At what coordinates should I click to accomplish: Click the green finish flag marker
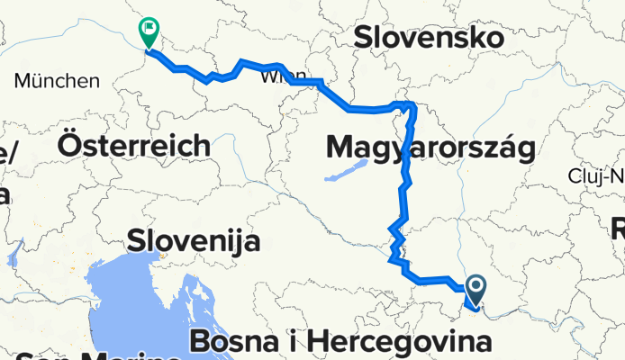[149, 33]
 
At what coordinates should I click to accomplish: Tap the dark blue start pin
[475, 289]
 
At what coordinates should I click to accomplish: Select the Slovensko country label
[428, 38]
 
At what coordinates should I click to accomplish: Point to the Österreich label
[134, 144]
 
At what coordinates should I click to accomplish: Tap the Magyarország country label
[430, 146]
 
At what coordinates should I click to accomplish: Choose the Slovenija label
[194, 241]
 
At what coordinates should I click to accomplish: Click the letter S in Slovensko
[364, 38]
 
